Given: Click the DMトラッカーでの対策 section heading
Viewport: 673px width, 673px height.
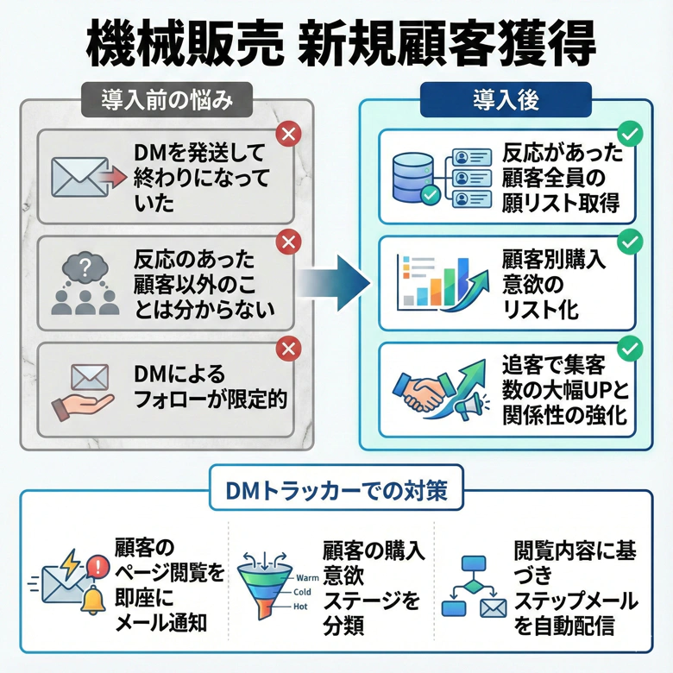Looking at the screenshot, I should (x=336, y=490).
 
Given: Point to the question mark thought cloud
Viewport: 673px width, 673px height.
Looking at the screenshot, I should (x=85, y=270).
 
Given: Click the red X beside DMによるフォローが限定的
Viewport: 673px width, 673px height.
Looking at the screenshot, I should (x=286, y=348).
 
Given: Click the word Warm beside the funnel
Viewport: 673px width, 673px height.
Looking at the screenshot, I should (x=306, y=576).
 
